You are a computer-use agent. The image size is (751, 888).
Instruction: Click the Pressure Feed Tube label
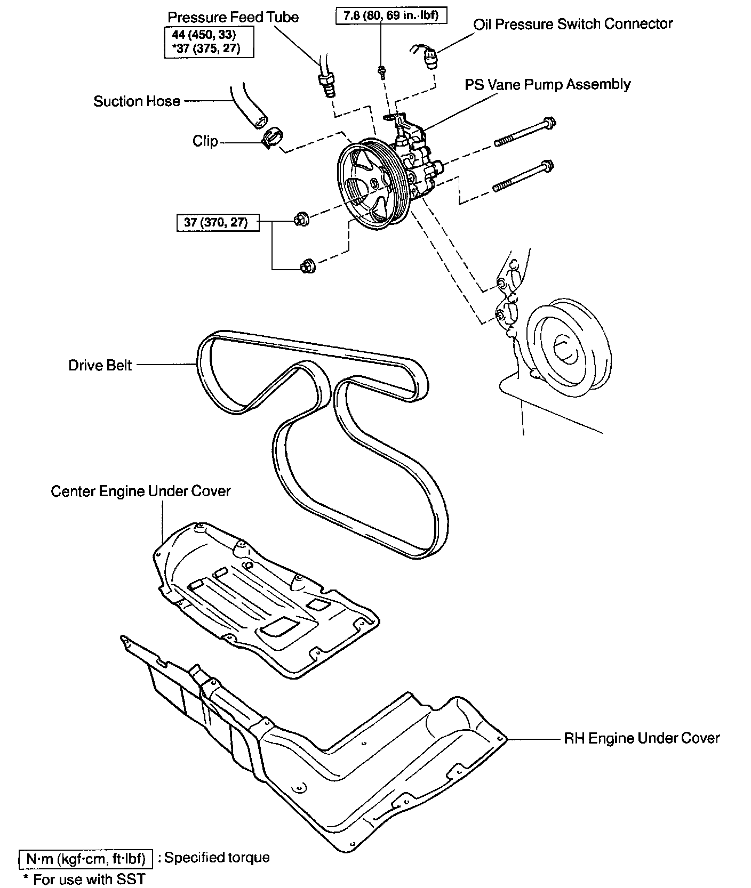tap(233, 17)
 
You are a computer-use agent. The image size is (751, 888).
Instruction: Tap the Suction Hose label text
tap(137, 101)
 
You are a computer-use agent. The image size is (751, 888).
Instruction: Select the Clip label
tap(205, 141)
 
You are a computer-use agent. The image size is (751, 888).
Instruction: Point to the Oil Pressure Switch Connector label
tap(573, 24)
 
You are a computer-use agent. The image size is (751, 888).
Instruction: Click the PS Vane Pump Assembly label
tap(547, 84)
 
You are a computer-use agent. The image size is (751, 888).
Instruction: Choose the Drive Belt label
tap(100, 365)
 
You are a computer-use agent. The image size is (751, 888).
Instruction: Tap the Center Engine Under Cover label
tap(141, 491)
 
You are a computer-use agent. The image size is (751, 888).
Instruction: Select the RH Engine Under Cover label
tap(642, 738)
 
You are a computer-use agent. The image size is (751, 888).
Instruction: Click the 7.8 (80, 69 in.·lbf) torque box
tap(390, 15)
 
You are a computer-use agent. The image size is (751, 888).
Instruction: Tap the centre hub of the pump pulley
tap(373, 184)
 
